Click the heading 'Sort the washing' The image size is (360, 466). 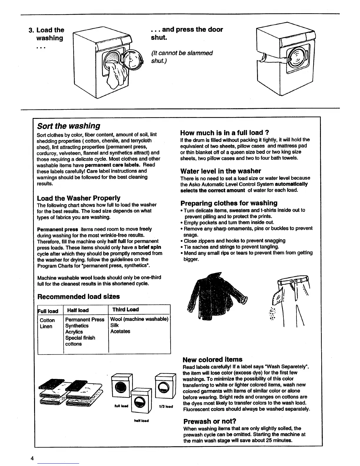tap(69, 126)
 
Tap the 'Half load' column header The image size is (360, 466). tap(78, 310)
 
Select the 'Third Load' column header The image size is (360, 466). tap(125, 309)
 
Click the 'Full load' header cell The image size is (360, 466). tap(48, 311)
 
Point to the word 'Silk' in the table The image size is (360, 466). tap(114, 325)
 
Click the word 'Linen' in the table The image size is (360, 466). tap(46, 326)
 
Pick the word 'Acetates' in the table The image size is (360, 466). tap(120, 331)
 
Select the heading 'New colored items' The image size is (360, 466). tap(212, 360)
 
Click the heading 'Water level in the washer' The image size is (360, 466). tap(221, 171)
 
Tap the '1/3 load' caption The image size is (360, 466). tap(165, 407)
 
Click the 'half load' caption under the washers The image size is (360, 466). tap(141, 421)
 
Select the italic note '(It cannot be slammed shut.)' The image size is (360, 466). tap(181, 57)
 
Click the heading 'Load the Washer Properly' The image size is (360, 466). tap(79, 198)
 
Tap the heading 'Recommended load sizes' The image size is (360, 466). tap(79, 296)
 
